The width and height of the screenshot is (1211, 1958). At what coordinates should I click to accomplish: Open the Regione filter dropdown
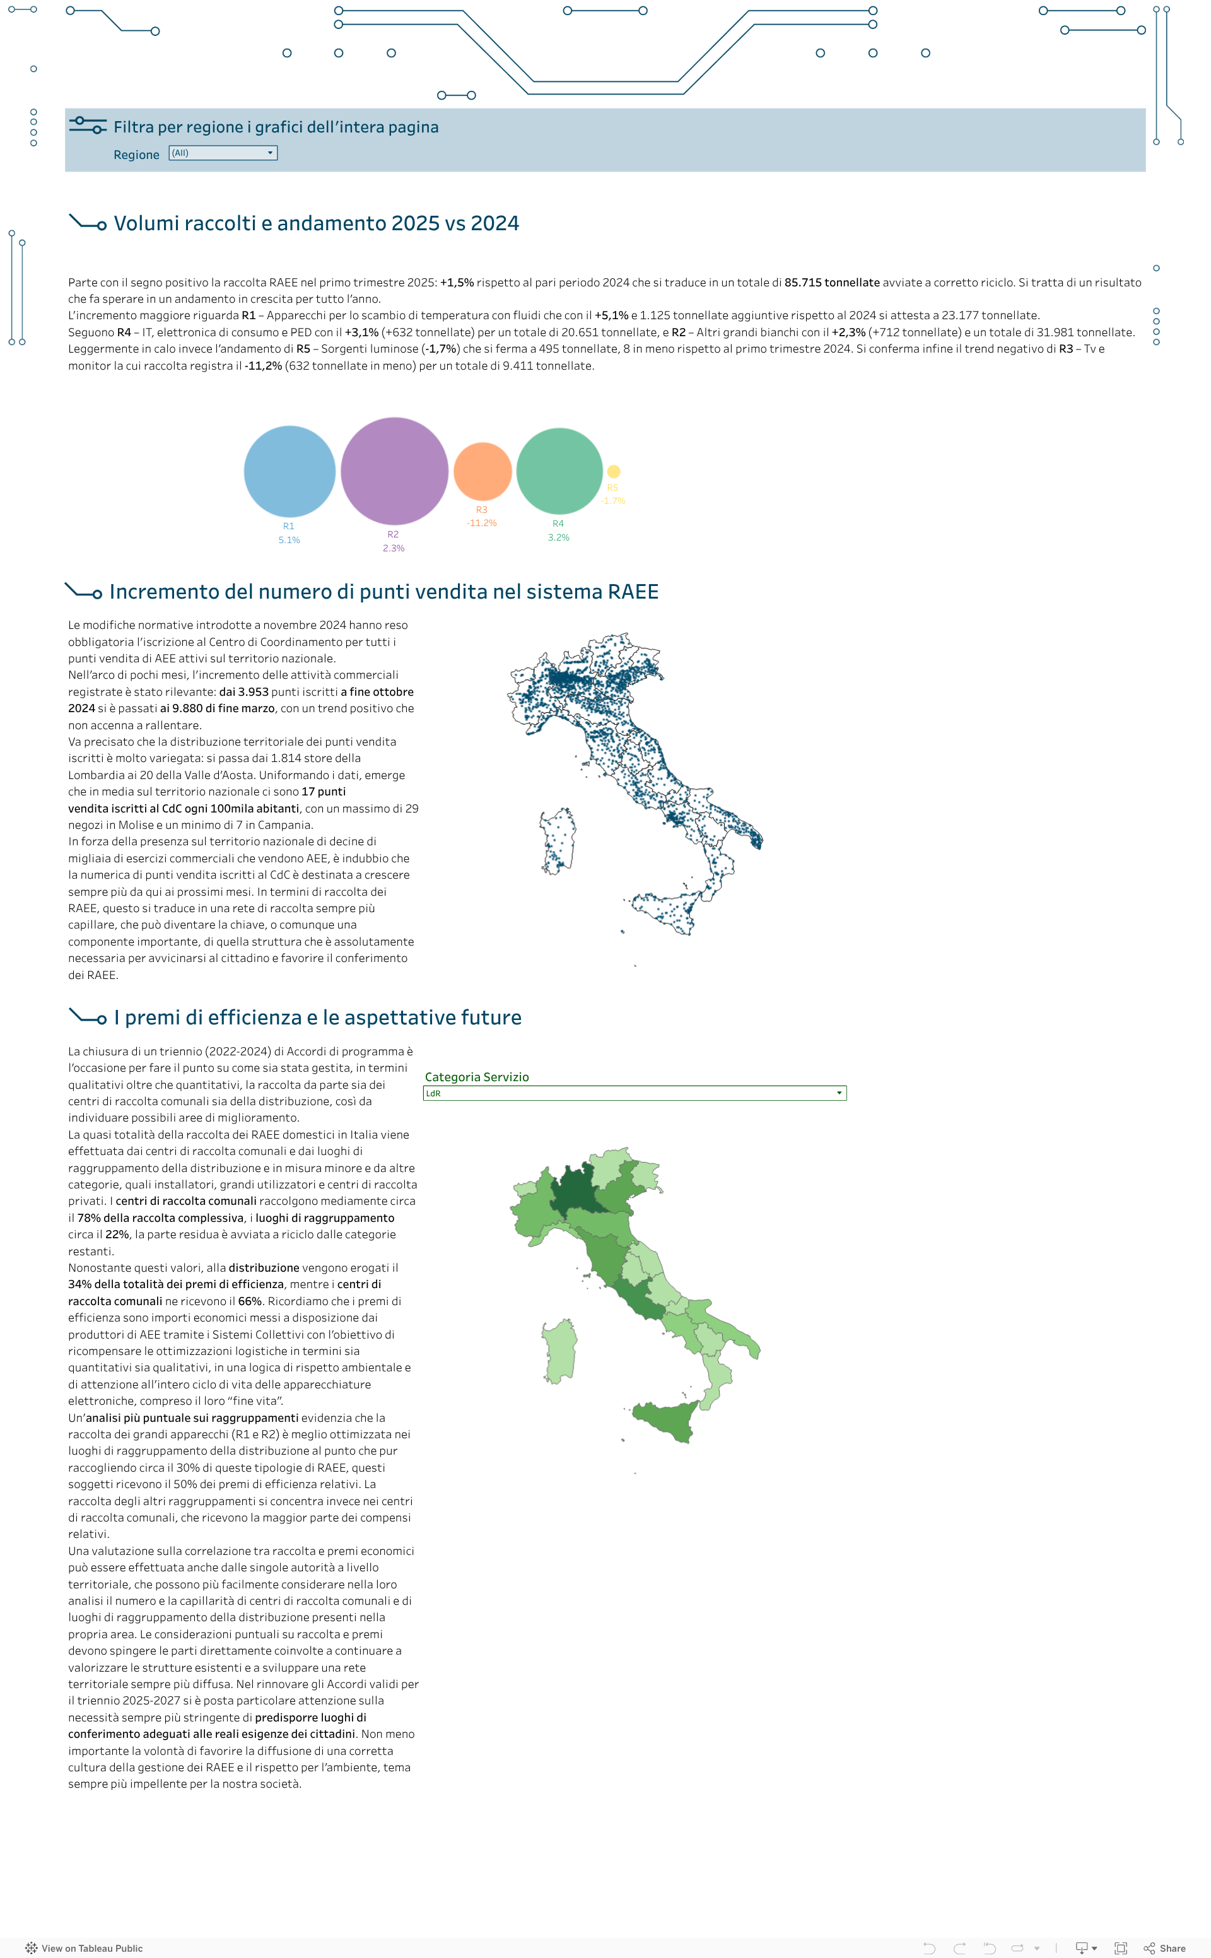coord(223,153)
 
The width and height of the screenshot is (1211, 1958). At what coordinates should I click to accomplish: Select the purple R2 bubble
coord(394,471)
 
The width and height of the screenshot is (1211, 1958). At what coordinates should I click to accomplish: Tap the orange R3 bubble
coord(482,471)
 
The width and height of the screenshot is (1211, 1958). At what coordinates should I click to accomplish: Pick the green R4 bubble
coord(559,471)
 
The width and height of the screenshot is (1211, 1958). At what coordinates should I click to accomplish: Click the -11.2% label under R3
coord(481,523)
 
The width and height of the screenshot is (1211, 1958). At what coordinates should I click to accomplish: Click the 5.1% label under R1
coord(289,541)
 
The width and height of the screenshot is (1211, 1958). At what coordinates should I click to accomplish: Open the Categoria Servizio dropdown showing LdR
coord(635,1093)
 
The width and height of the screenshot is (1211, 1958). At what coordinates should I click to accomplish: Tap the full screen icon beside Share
coord(1121,1949)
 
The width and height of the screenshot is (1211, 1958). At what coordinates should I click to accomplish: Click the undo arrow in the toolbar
coord(929,1949)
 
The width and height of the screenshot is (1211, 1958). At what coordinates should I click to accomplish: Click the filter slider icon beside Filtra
coord(87,125)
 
